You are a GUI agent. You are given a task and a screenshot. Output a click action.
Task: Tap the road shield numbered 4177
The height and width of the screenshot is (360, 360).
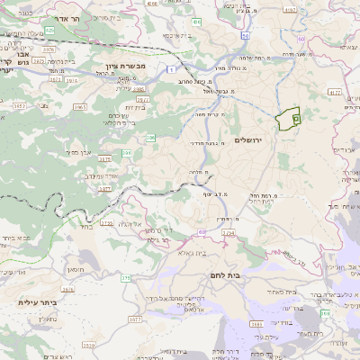point(335,92)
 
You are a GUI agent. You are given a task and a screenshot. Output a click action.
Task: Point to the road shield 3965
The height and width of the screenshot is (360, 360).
point(80,105)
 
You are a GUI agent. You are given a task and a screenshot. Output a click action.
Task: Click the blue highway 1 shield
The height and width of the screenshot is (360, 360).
point(172,68)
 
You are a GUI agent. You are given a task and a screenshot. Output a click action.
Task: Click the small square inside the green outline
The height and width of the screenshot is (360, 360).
point(295,116)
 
